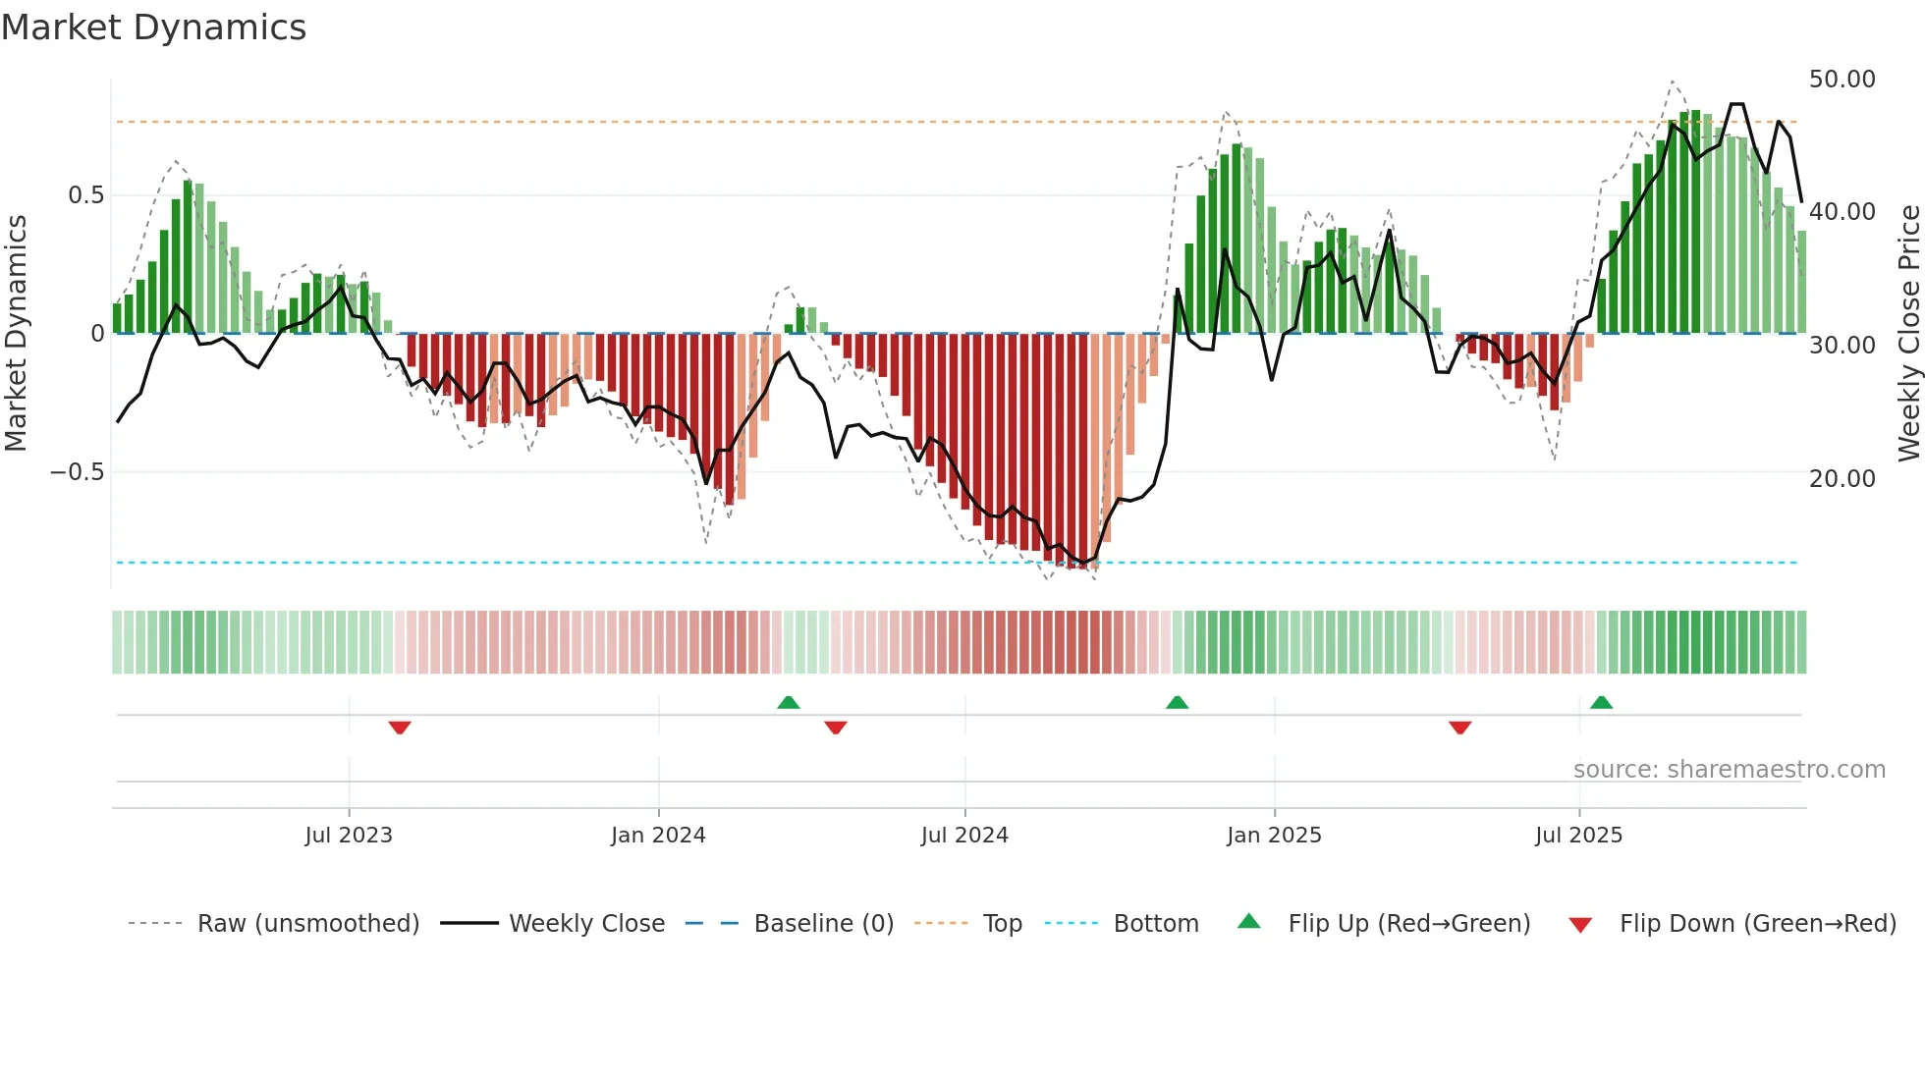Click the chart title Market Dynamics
point(154,27)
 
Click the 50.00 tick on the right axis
point(1842,80)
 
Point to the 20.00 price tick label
point(1842,479)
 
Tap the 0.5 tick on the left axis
point(85,195)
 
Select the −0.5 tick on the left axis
point(77,472)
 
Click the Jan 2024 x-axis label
point(658,836)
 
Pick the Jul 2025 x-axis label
point(1578,836)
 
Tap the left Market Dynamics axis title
point(16,334)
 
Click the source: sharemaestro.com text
point(1729,770)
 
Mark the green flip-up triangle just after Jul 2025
point(1601,702)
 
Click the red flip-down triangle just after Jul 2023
point(400,728)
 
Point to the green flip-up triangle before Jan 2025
point(1177,702)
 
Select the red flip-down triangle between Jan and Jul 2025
point(1459,728)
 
